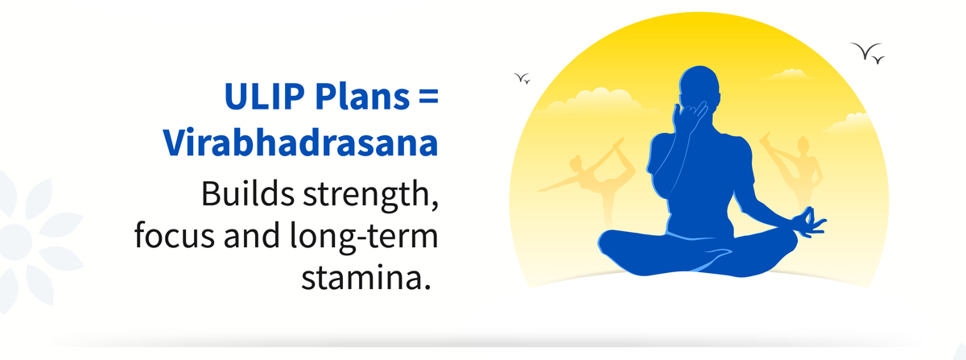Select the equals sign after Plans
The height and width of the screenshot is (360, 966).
point(427,97)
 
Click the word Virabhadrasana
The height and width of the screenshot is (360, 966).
point(300,142)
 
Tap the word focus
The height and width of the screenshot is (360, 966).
point(174,236)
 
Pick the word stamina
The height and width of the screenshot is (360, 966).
point(366,278)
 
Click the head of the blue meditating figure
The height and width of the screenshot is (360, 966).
point(700,86)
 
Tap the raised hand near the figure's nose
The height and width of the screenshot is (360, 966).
point(688,116)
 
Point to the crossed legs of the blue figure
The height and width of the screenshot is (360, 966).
point(698,254)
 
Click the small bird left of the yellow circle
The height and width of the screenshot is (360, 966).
point(522,78)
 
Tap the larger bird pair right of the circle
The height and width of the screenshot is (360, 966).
point(868,52)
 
